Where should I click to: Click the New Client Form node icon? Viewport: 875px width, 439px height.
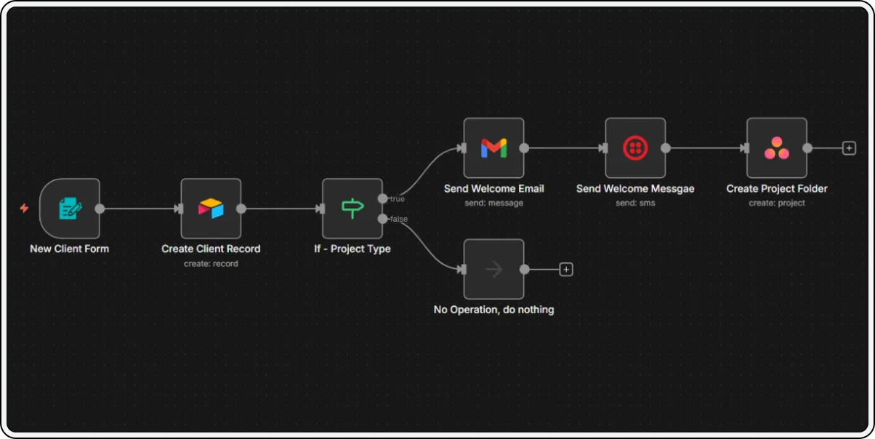70,209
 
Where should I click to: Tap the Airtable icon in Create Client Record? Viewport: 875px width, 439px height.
211,209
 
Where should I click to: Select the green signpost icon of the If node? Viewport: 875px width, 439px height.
352,209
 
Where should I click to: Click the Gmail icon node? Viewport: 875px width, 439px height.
493,148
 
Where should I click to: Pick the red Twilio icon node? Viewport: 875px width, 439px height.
635,148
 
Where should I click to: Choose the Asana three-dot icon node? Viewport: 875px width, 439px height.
777,148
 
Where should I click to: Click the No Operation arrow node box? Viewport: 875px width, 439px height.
493,270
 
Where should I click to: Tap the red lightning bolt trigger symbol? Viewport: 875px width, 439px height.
24,209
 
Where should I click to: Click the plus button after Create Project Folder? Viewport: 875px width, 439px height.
848,148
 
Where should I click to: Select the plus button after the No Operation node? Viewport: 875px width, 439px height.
566,270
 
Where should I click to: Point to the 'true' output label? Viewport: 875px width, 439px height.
397,199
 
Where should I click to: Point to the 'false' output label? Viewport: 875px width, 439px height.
398,219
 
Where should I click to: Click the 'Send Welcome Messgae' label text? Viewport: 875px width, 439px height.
635,189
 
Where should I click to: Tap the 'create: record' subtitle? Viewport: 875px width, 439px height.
211,264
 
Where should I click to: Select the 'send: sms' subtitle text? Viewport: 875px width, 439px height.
635,203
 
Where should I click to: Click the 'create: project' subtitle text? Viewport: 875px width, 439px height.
777,203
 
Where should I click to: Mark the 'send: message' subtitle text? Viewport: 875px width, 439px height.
493,203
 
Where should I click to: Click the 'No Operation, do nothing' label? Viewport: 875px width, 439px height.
493,310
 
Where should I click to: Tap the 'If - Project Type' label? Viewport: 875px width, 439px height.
352,249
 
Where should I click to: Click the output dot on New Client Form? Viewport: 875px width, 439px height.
100,209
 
